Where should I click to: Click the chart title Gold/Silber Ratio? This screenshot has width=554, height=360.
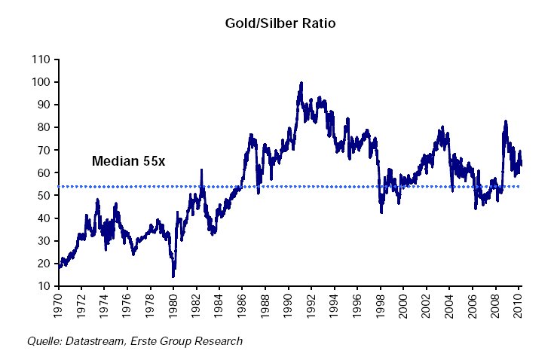[280, 23]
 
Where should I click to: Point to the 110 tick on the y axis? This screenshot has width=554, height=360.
[42, 59]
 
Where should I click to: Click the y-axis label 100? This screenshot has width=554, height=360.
[42, 82]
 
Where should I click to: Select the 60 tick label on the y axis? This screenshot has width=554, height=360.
[44, 173]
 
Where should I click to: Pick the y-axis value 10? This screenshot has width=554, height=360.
[44, 287]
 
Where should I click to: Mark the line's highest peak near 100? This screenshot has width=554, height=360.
[301, 83]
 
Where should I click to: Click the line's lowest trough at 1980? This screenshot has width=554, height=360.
[173, 276]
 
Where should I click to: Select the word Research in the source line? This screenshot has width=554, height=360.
[219, 341]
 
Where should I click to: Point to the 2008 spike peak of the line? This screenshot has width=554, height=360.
[505, 121]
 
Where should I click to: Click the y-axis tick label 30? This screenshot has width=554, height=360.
[44, 241]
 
